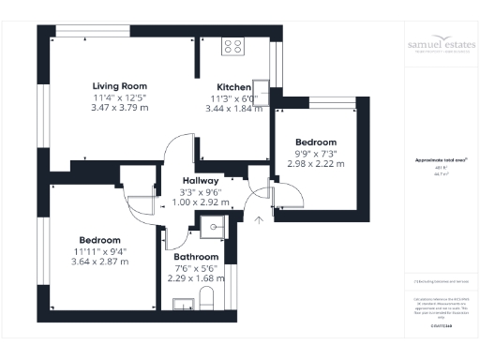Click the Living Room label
point(115,83)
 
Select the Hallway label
point(202,180)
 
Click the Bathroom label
point(197,257)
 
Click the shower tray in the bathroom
point(214,226)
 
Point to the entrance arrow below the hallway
point(260,222)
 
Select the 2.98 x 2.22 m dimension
point(316,164)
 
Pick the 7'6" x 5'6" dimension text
point(196,268)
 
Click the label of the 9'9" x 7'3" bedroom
point(316,141)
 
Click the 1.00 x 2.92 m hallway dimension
point(202,202)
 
